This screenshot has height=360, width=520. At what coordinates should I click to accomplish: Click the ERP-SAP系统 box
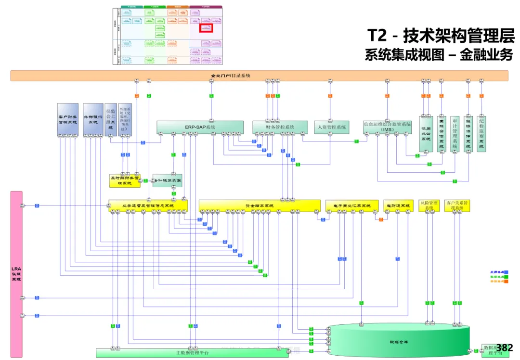(200, 127)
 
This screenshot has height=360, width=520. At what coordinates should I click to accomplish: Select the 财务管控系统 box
(280, 127)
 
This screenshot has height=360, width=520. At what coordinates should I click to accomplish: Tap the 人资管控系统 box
(331, 127)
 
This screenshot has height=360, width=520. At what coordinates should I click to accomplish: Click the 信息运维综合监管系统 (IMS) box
(388, 127)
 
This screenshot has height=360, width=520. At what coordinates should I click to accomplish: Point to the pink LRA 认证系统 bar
(16, 274)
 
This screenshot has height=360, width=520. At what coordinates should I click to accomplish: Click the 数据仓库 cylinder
(399, 342)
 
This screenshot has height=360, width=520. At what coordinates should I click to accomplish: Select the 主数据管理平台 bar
(192, 353)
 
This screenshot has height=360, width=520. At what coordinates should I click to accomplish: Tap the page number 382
(505, 347)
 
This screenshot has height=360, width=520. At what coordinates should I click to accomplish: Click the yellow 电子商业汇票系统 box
(352, 206)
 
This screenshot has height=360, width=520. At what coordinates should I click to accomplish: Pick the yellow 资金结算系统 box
(260, 206)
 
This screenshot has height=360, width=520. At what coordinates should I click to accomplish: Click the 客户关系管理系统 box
(457, 206)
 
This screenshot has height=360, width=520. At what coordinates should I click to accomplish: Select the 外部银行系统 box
(93, 119)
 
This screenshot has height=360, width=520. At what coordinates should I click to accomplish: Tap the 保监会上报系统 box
(111, 119)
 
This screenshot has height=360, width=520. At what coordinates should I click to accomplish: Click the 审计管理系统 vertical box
(455, 133)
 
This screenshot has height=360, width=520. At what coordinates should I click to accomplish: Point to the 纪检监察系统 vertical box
(481, 133)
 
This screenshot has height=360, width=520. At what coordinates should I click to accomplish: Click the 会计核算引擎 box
(168, 180)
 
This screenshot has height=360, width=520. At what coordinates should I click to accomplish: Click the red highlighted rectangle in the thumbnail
(206, 28)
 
